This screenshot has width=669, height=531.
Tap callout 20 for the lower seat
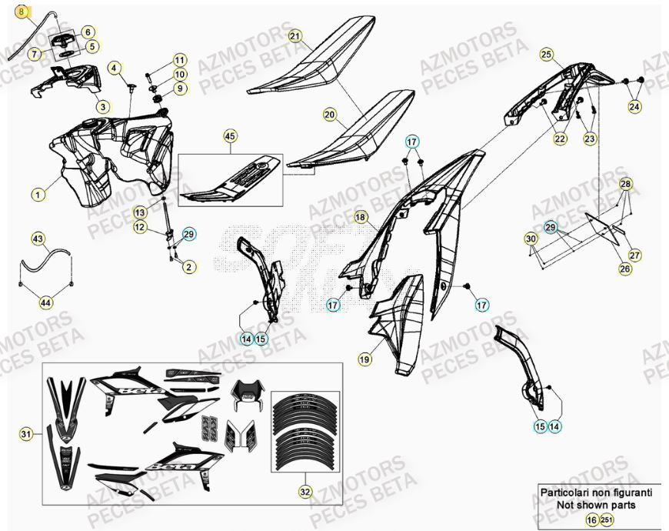pos(329,115)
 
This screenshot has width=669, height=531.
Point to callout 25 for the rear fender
pos(547,54)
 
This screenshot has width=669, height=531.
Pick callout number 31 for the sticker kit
pos(27,436)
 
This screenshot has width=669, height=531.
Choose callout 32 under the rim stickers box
pos(305,489)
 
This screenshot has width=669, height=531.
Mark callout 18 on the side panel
pos(360,218)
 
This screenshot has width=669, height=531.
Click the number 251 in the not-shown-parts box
pos(607,520)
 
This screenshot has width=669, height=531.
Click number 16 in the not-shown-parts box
pos(591,520)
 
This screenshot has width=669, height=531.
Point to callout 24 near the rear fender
pos(634,107)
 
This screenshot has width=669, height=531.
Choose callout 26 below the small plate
pos(624,269)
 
